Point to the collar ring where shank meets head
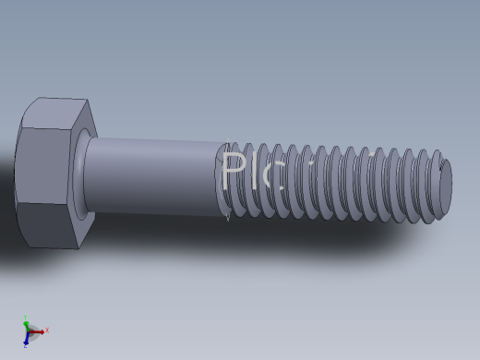coord(84,175)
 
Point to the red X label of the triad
coord(47,330)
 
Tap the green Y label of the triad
coord(25,317)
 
